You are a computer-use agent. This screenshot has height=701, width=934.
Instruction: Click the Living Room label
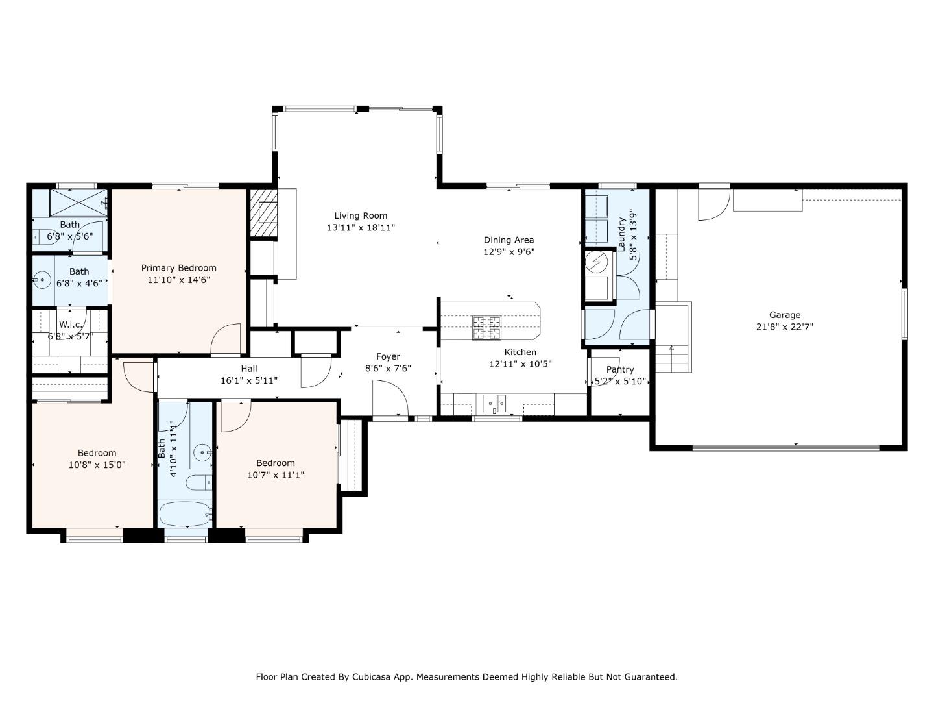pyautogui.click(x=361, y=215)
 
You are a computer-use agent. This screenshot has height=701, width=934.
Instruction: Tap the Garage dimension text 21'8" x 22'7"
pyautogui.click(x=785, y=327)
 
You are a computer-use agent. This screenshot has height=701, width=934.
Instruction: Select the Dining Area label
pyautogui.click(x=509, y=240)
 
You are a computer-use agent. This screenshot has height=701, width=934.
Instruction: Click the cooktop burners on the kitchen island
pyautogui.click(x=486, y=328)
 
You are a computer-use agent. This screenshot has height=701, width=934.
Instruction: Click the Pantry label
pyautogui.click(x=620, y=369)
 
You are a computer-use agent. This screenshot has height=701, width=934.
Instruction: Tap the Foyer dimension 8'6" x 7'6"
pyautogui.click(x=388, y=368)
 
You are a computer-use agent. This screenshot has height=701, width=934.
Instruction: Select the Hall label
pyautogui.click(x=249, y=369)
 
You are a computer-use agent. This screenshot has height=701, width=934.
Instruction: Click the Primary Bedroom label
pyautogui.click(x=179, y=268)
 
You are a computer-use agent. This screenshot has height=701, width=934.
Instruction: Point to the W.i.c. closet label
pyautogui.click(x=70, y=325)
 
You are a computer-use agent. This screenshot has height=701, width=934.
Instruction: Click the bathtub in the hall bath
pyautogui.click(x=186, y=513)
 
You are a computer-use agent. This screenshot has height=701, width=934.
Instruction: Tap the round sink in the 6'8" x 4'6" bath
pyautogui.click(x=42, y=280)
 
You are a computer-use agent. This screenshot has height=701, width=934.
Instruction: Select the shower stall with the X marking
pyautogui.click(x=78, y=203)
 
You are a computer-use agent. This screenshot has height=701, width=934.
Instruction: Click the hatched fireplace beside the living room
pyautogui.click(x=263, y=213)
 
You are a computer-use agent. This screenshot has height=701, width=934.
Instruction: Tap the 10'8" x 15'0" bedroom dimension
pyautogui.click(x=97, y=465)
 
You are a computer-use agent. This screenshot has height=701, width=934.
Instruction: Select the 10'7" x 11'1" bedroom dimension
pyautogui.click(x=275, y=475)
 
